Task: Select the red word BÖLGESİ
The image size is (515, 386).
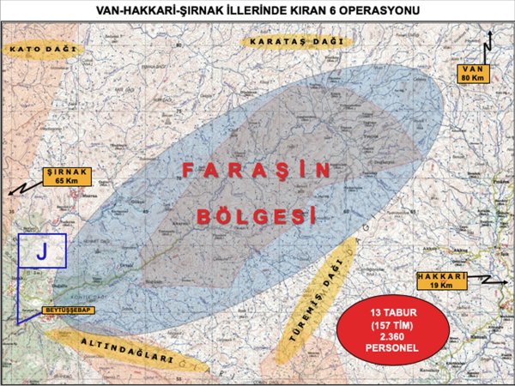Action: (251, 214)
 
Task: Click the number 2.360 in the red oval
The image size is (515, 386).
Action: (394, 337)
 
